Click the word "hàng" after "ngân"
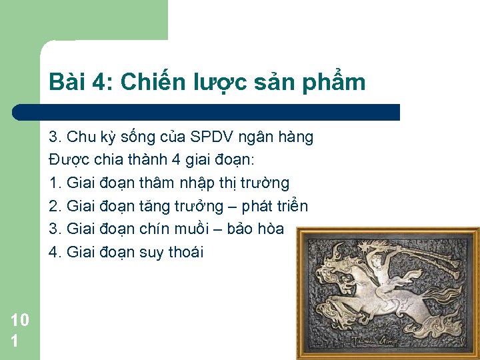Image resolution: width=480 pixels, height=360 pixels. (297, 137)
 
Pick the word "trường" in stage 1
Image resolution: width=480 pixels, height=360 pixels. (267, 183)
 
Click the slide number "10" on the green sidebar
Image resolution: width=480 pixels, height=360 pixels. (20, 321)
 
